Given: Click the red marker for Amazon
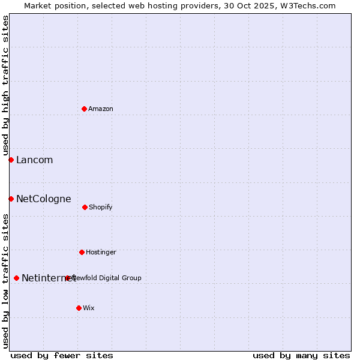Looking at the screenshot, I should pyautogui.click(x=84, y=109).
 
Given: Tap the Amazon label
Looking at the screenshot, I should pyautogui.click(x=101, y=109).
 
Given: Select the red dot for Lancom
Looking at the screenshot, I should pyautogui.click(x=11, y=160).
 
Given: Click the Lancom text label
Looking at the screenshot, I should pyautogui.click(x=34, y=160).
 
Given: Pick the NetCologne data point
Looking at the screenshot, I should pyautogui.click(x=11, y=199).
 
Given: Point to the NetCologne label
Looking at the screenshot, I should pyautogui.click(x=43, y=199).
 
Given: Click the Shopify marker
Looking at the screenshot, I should pyautogui.click(x=85, y=207).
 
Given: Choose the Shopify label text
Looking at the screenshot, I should pyautogui.click(x=101, y=207).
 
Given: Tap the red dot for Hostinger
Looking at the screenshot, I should pyautogui.click(x=82, y=252).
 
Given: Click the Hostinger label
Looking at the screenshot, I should pyautogui.click(x=101, y=252).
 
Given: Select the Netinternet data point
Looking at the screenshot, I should pyautogui.click(x=16, y=278).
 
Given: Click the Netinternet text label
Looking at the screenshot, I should pyautogui.click(x=48, y=278).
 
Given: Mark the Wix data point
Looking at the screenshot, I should pyautogui.click(x=79, y=308).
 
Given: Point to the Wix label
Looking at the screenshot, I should pyautogui.click(x=89, y=308).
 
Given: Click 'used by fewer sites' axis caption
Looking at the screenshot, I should pyautogui.click(x=62, y=355).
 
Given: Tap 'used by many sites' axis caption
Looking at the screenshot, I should pyautogui.click(x=301, y=355).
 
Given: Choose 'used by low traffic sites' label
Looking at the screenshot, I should pyautogui.click(x=5, y=281).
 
